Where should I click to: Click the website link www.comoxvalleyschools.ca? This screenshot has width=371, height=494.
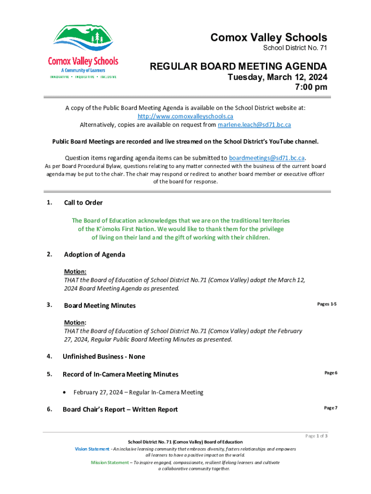[x=185, y=116]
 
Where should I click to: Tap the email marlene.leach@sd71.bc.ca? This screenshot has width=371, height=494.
[x=254, y=124]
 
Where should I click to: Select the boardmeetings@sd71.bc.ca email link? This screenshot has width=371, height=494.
[x=267, y=158]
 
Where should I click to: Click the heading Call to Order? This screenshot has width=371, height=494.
[x=83, y=203]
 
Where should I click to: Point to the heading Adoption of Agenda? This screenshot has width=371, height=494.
[x=94, y=254]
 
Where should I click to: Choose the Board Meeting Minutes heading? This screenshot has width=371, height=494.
[x=100, y=305]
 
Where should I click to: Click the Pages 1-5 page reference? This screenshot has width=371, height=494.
[x=327, y=304]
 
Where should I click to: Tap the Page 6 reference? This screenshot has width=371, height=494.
[x=331, y=373]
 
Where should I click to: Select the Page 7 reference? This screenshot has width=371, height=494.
[x=331, y=408]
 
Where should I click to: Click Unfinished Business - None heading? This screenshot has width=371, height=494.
[x=104, y=357]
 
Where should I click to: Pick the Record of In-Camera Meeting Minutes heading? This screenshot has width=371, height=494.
[x=120, y=374]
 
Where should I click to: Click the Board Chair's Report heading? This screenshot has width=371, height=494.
[x=120, y=410]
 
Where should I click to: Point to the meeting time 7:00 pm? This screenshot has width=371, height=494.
[x=311, y=87]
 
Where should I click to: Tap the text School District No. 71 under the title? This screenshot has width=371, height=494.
[x=295, y=48]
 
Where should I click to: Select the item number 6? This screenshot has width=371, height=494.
[x=50, y=409]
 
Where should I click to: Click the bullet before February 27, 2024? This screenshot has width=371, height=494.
[x=66, y=392]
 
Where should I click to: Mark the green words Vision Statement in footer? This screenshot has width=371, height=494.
[x=92, y=449]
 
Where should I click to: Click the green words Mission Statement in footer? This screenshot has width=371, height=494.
[x=110, y=462]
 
